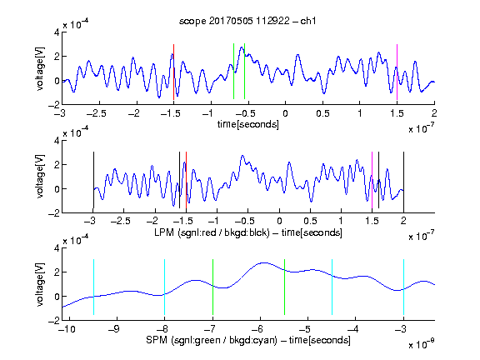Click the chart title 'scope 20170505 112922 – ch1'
point(247,21)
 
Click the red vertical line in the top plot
point(173,72)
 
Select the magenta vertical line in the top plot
point(397,72)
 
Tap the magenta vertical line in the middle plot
point(372,180)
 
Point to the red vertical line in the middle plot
point(186,180)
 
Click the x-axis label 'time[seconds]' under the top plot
point(248,124)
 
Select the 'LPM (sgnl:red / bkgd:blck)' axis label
point(212,232)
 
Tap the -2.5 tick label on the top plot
point(96,113)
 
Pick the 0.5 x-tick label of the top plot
point(322,113)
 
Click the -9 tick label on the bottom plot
point(114,329)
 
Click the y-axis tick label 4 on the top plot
point(57,32)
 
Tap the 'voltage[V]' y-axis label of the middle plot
point(40,177)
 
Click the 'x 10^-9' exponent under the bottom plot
point(421,343)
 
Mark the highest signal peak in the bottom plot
point(264,262)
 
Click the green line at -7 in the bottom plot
point(212,287)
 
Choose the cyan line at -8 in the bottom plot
point(165,287)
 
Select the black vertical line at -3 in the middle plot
point(93,180)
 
